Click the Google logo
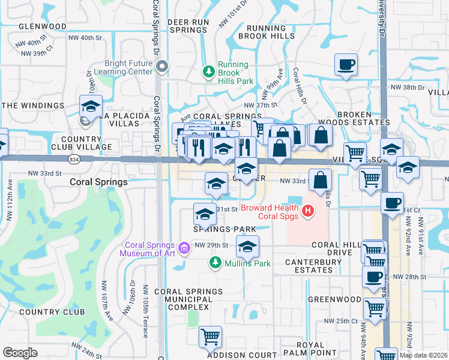20,353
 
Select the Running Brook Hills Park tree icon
209,73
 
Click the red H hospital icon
308,211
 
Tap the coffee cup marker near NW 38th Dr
346,64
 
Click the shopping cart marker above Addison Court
210,337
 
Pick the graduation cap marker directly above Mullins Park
247,245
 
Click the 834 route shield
74,160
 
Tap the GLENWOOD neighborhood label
42,26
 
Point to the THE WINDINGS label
32,106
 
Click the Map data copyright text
423,355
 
